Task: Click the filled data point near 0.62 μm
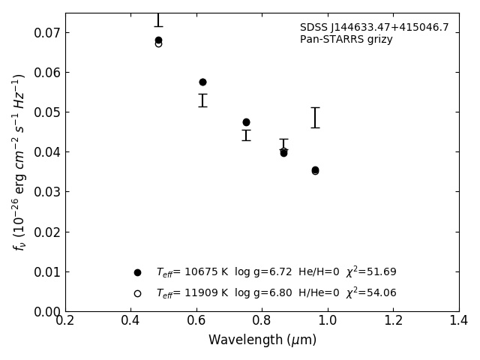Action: pyautogui.click(x=202, y=82)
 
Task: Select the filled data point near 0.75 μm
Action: pyautogui.click(x=246, y=122)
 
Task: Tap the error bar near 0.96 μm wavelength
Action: pyautogui.click(x=315, y=118)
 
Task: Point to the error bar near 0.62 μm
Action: pyautogui.click(x=202, y=100)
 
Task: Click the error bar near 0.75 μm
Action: pyautogui.click(x=246, y=135)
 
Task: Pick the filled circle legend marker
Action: pyautogui.click(x=137, y=272)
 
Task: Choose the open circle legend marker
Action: pyautogui.click(x=137, y=293)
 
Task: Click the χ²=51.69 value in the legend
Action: pyautogui.click(x=371, y=272)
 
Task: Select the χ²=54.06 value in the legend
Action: pyautogui.click(x=371, y=293)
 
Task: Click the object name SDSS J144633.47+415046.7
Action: pyautogui.click(x=374, y=28)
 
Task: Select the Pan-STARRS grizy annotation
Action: pyautogui.click(x=346, y=40)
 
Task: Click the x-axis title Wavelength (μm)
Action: pyautogui.click(x=262, y=340)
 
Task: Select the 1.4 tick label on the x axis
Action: pyautogui.click(x=459, y=321)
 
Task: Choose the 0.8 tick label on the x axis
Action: pyautogui.click(x=262, y=321)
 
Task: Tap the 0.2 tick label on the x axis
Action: pyautogui.click(x=65, y=321)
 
